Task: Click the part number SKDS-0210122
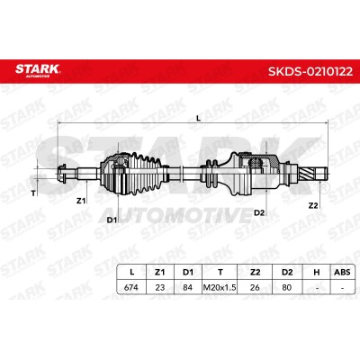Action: [x=310, y=71]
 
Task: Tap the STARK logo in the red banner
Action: [x=38, y=70]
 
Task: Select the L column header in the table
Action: [x=131, y=272]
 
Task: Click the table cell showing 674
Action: [x=131, y=287]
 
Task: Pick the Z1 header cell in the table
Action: [x=159, y=272]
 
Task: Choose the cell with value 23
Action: [x=160, y=287]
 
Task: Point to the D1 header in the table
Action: [x=188, y=272]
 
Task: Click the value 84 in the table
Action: [x=187, y=287]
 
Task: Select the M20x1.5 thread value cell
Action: [x=220, y=287]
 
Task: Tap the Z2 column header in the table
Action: [x=255, y=272]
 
